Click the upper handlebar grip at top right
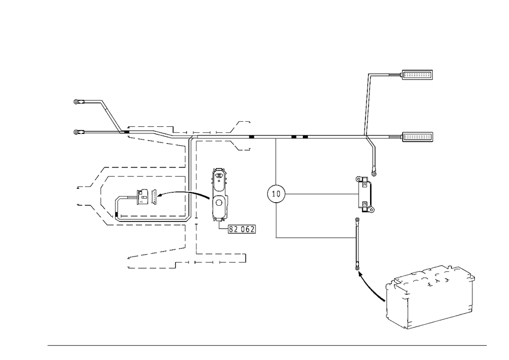pyautogui.click(x=417, y=76)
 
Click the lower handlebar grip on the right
pyautogui.click(x=418, y=137)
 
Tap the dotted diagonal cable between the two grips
pyautogui.click(x=367, y=105)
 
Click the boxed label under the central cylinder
pyautogui.click(x=241, y=230)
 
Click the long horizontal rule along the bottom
pyautogui.click(x=267, y=345)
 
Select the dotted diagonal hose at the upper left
pyautogui.click(x=110, y=115)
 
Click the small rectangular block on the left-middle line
pyautogui.click(x=146, y=196)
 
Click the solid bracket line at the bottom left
pyautogui.click(x=150, y=267)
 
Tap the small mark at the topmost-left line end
pyautogui.click(x=77, y=102)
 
